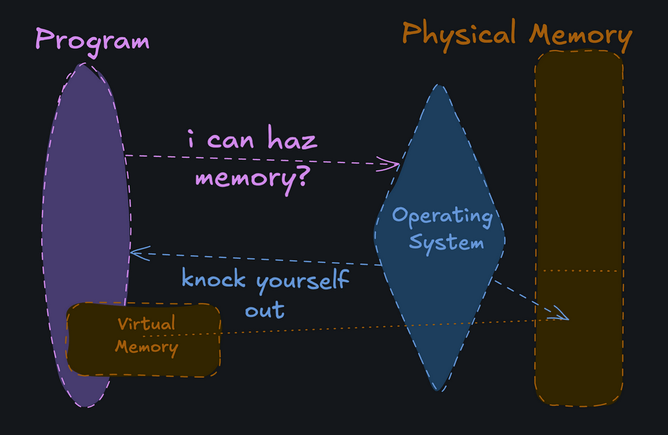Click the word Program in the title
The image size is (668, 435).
coord(92,41)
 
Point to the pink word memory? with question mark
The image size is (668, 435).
coord(253,179)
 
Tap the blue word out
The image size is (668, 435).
coord(264,310)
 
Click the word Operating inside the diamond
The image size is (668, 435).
coord(442,216)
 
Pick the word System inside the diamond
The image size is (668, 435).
coord(447,243)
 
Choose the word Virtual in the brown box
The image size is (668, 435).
coord(146,324)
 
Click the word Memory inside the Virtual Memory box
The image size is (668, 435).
coord(146,347)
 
